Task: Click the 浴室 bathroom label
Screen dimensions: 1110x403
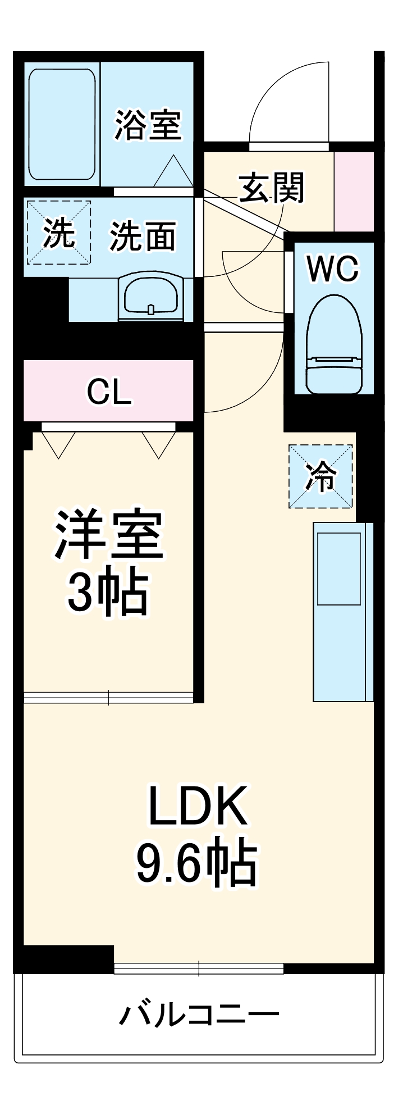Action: point(148,125)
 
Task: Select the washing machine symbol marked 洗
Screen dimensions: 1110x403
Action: point(58,232)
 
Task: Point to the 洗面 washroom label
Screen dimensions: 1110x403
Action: point(143,236)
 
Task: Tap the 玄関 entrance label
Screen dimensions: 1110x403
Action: point(272,187)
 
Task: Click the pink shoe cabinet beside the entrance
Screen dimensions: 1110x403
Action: point(354,191)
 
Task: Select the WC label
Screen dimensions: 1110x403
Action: point(332,269)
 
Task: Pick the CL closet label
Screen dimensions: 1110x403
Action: point(109,392)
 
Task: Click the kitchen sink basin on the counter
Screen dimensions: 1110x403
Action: point(338,568)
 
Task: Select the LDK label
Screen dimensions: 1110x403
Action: point(198,806)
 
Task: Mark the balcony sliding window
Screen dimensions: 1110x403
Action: point(199,968)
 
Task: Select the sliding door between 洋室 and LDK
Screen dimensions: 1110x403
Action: point(108,697)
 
